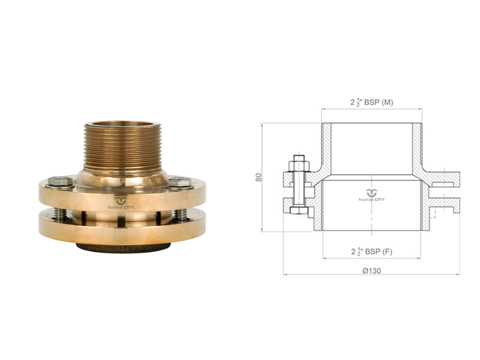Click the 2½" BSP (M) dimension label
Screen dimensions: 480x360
(x=371, y=102)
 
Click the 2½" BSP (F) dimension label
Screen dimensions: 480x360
(x=371, y=251)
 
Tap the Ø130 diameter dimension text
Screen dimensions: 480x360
(x=371, y=271)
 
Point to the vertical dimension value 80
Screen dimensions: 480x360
(x=259, y=177)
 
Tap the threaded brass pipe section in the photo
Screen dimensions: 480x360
(x=122, y=147)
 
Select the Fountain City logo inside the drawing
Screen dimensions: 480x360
(x=371, y=196)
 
